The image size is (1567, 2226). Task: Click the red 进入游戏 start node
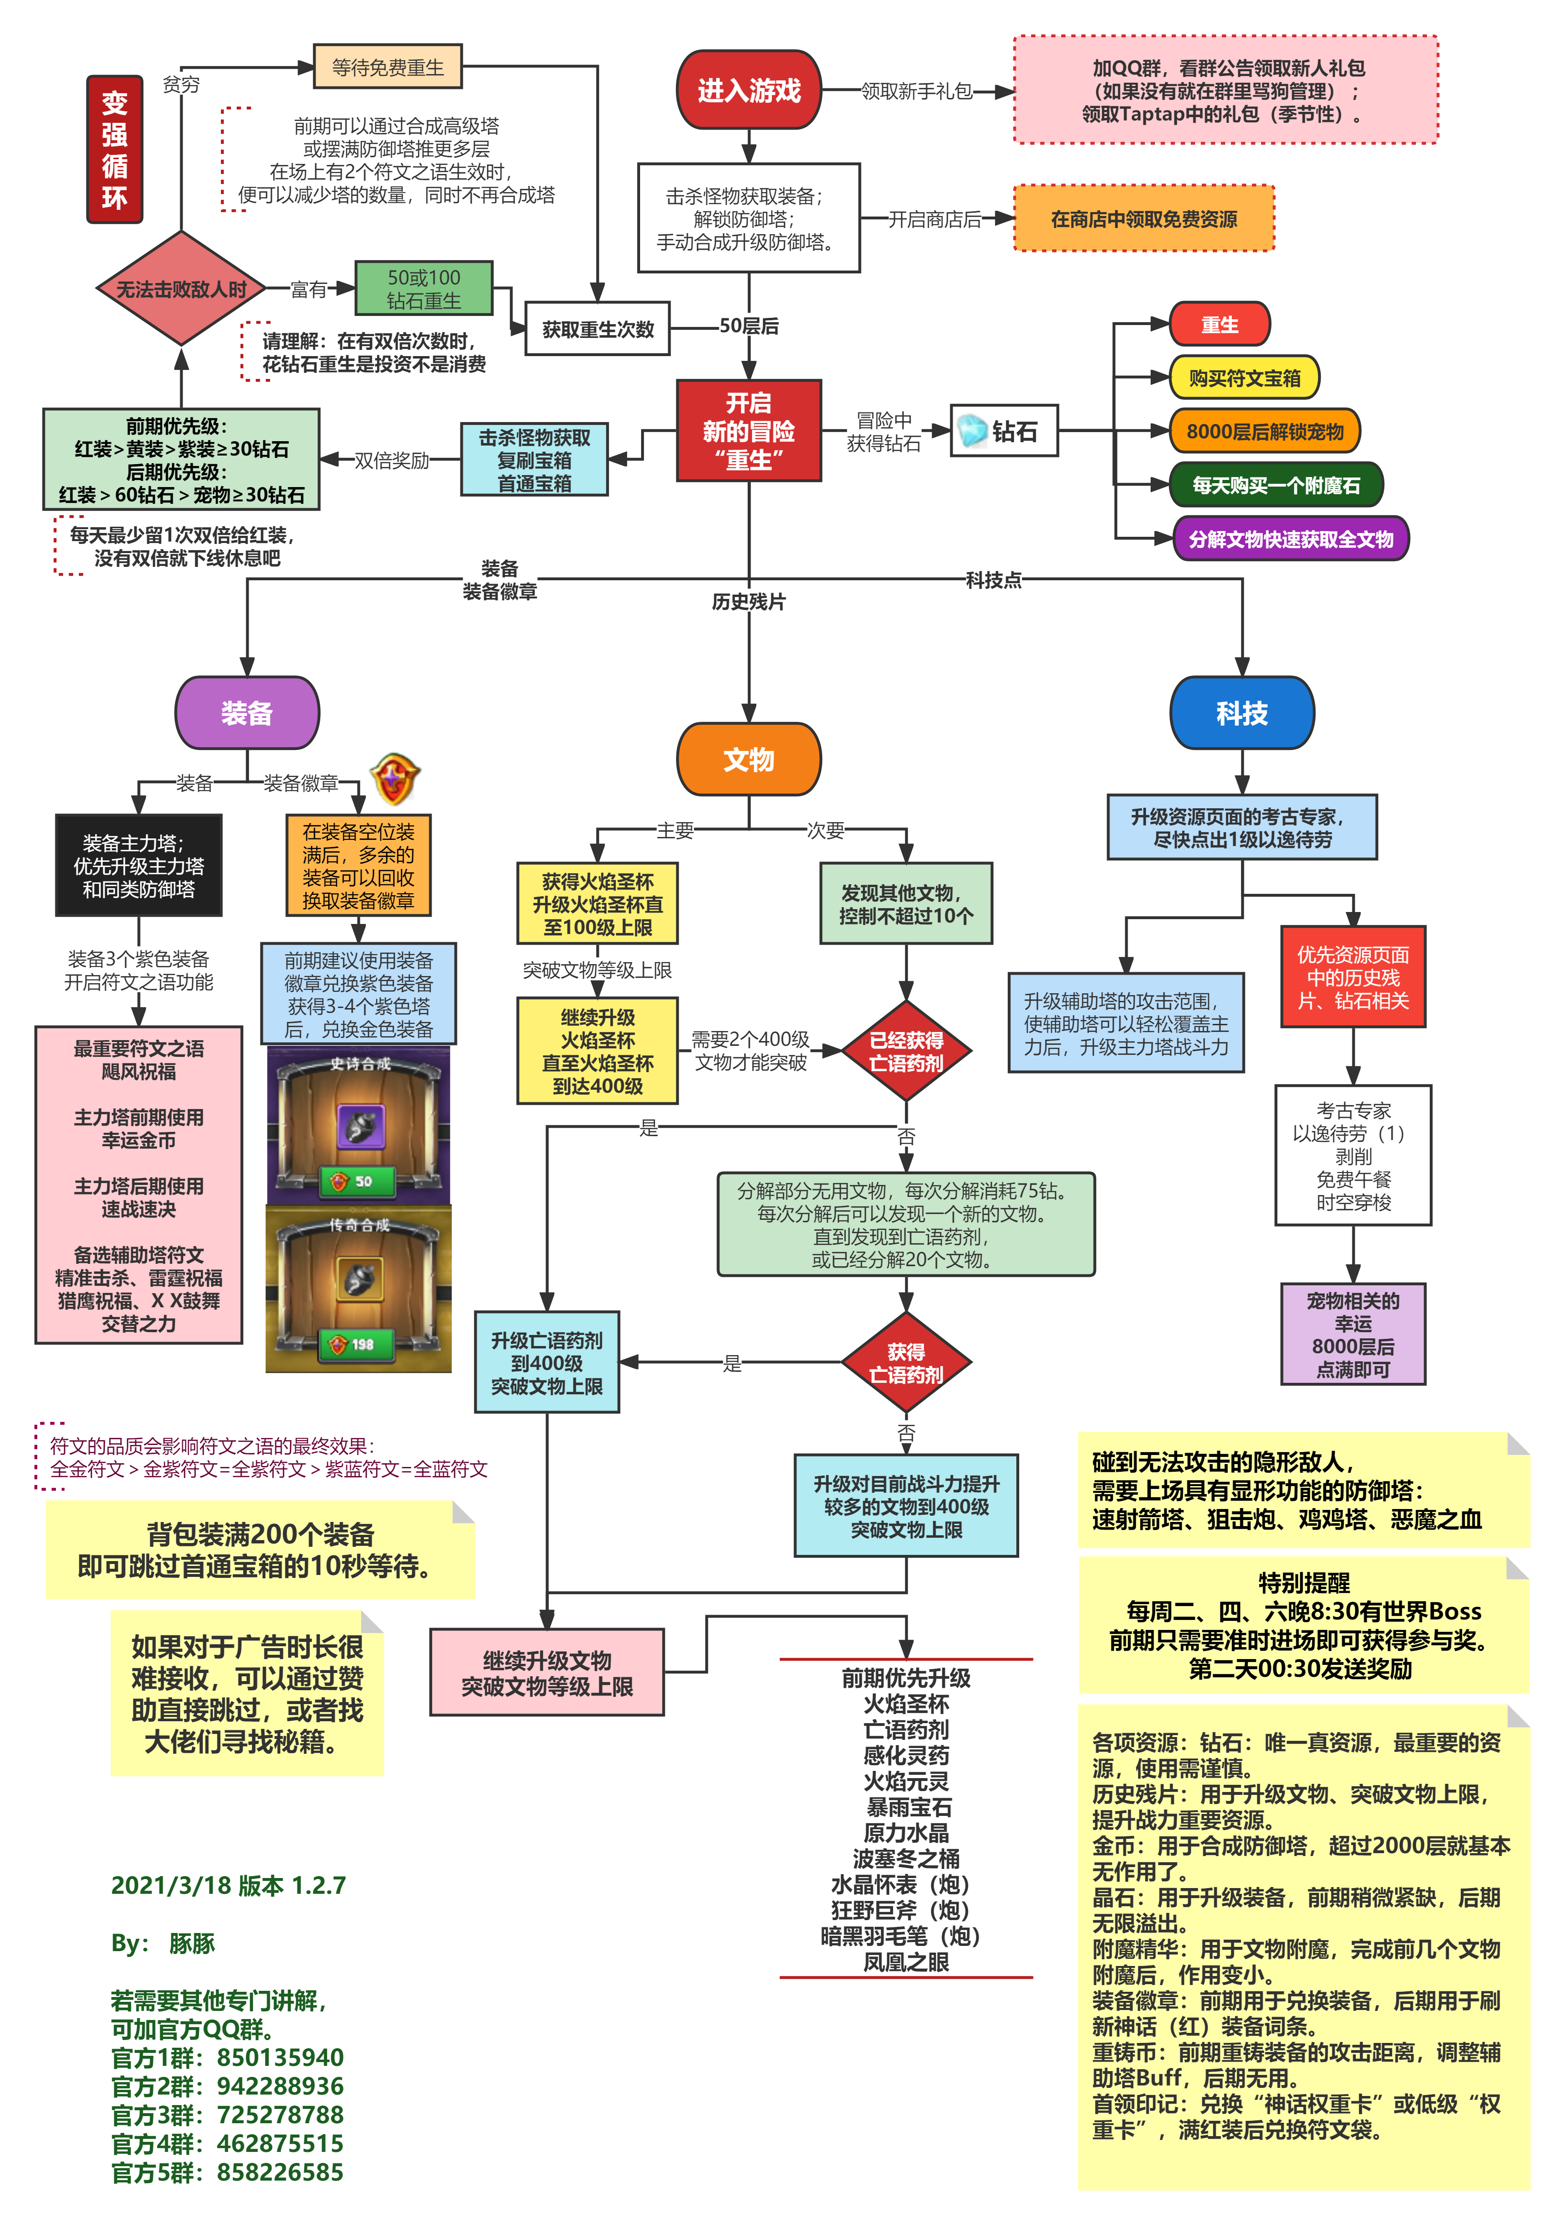click(749, 90)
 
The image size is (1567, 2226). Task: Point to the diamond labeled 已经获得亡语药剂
click(907, 1051)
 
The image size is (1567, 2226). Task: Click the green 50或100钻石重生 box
click(424, 288)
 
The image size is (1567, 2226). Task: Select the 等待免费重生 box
click(388, 67)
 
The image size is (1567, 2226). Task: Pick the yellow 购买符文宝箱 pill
click(1244, 377)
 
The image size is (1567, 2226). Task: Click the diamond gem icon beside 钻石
click(972, 431)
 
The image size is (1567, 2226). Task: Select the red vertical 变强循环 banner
click(114, 149)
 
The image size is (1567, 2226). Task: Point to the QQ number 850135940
click(280, 2057)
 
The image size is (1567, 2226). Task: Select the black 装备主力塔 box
click(139, 865)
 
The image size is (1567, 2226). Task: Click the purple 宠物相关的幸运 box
click(1353, 1334)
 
